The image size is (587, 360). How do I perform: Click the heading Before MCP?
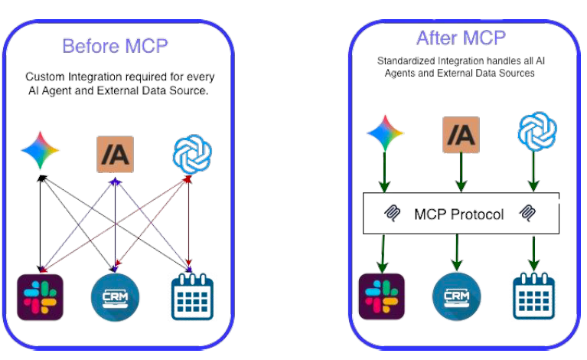pos(115,46)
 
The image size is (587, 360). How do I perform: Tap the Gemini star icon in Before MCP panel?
pos(40,152)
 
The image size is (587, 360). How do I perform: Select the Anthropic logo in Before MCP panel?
pos(115,153)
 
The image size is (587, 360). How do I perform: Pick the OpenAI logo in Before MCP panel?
pos(189,154)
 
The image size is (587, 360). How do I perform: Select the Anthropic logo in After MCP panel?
pos(460,136)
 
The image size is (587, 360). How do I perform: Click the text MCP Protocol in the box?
pos(458,214)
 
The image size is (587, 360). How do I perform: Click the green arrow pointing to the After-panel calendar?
pos(533,252)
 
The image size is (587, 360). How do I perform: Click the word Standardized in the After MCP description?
pos(406,61)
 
